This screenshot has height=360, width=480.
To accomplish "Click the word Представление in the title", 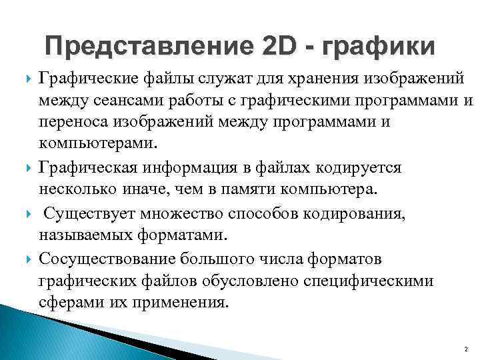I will pyautogui.click(x=149, y=47).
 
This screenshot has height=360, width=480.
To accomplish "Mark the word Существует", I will pyautogui.click(x=96, y=213).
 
